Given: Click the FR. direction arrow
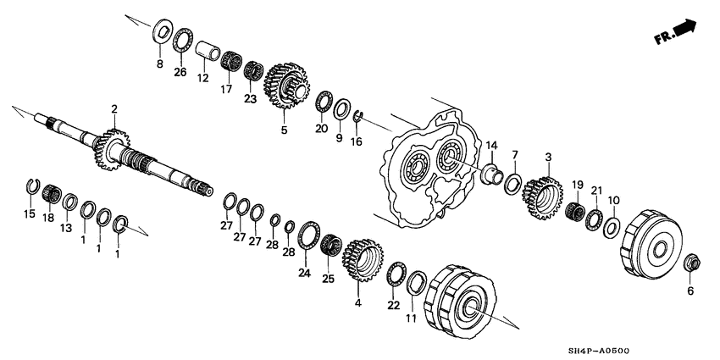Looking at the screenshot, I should click(x=676, y=34).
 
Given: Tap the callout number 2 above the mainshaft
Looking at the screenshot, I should click(x=114, y=108).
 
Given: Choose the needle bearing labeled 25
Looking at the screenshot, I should click(x=330, y=247).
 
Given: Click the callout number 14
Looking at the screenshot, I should click(x=491, y=145).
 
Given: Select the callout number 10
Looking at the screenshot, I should click(x=614, y=201).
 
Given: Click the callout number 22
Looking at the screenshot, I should click(x=393, y=305).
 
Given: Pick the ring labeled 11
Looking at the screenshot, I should click(x=417, y=283).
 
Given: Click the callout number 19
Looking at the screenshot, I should click(x=577, y=185).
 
